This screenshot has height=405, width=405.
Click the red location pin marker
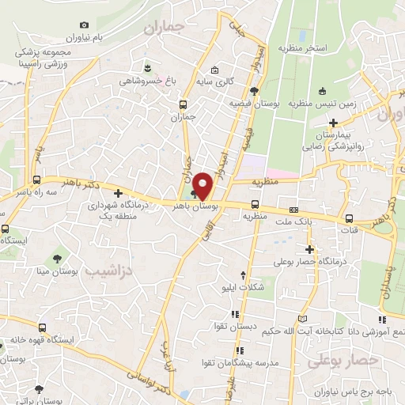[203, 184]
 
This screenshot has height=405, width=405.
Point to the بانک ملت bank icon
[293, 210]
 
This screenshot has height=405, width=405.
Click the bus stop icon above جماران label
[184, 104]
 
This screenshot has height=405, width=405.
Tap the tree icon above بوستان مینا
[57, 258]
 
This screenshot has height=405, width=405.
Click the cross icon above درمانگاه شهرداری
[118, 193]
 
